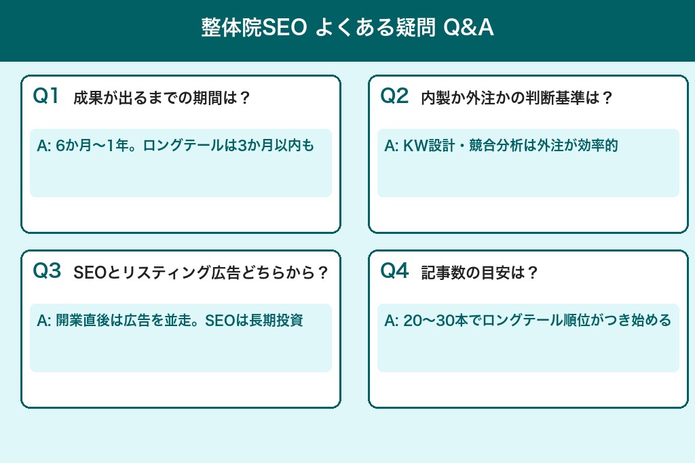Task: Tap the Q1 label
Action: pos(47,96)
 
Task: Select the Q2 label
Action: pos(394,96)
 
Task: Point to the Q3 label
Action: pos(47,271)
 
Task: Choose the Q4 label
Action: pos(394,271)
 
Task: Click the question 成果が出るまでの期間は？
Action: pos(162,98)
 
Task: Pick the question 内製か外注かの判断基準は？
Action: pos(517,98)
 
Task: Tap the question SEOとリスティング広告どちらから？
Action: pos(201,273)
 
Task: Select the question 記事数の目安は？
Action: pos(479,273)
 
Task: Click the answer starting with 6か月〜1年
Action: pos(176,146)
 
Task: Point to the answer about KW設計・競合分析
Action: pos(501,146)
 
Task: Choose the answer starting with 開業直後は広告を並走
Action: pos(170,321)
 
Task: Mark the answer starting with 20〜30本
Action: pos(527,321)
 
